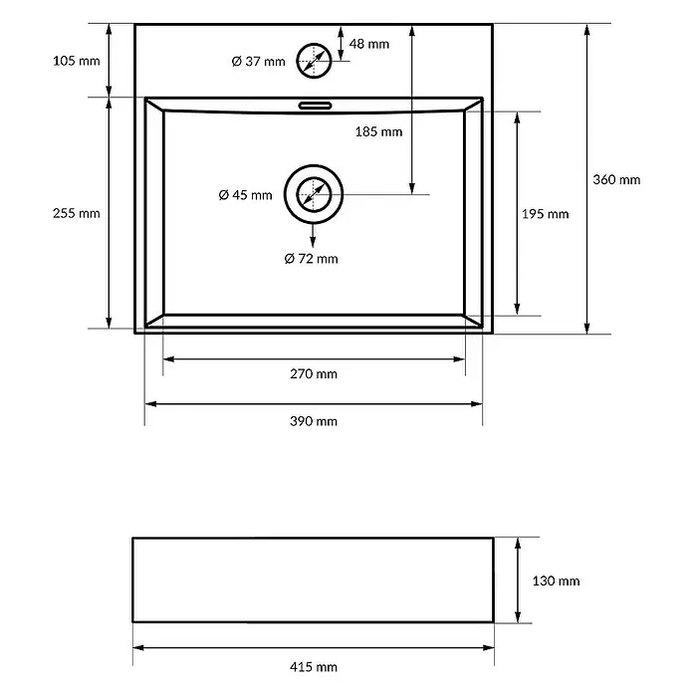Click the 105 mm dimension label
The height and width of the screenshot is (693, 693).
point(77,61)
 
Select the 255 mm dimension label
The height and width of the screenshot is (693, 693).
point(77,213)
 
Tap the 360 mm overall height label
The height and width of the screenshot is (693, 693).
point(616,179)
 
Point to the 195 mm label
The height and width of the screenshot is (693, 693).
point(545,214)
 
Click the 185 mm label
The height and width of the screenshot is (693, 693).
point(378,131)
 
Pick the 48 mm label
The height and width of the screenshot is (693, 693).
point(369,44)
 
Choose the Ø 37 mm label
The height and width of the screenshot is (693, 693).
point(259,61)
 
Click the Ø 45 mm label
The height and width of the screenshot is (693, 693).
point(245,195)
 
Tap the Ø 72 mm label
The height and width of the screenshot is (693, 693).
point(312,259)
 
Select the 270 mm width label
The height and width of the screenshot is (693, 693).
point(314,374)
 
